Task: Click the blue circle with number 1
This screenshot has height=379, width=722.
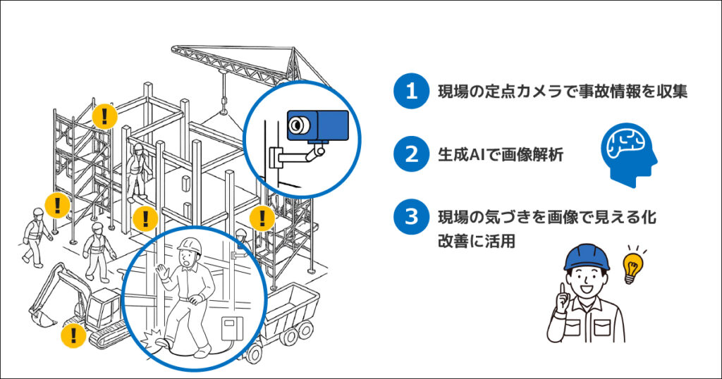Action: [x=411, y=91]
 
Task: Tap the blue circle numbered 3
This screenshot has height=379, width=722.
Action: [x=411, y=217]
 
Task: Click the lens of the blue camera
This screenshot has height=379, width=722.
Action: [x=299, y=125]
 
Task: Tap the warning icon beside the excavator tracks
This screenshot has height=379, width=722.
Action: [x=73, y=335]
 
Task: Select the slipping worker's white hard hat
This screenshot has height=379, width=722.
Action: [x=188, y=245]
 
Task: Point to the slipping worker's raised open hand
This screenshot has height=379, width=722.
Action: [x=164, y=272]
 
